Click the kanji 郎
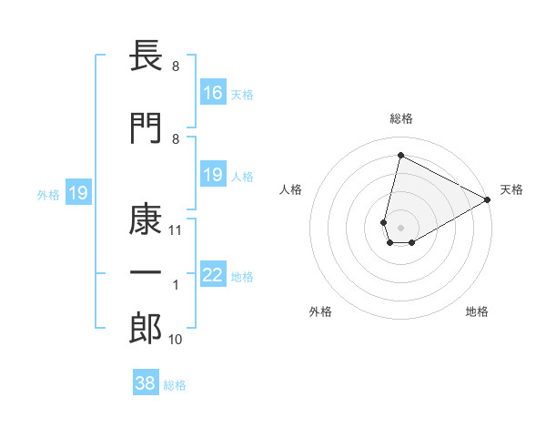(x=146, y=329)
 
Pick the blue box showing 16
(x=213, y=92)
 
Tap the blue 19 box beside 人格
(x=213, y=175)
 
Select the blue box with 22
(x=213, y=275)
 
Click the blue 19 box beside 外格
(x=78, y=193)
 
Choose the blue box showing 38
(x=146, y=383)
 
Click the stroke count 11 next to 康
(x=176, y=231)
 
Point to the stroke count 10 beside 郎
(x=176, y=340)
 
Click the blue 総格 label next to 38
(x=175, y=385)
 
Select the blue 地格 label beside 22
(x=243, y=277)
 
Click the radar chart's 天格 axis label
(x=511, y=189)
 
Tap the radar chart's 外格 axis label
(x=320, y=311)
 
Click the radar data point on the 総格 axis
(x=400, y=156)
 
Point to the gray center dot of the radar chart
(x=400, y=227)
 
